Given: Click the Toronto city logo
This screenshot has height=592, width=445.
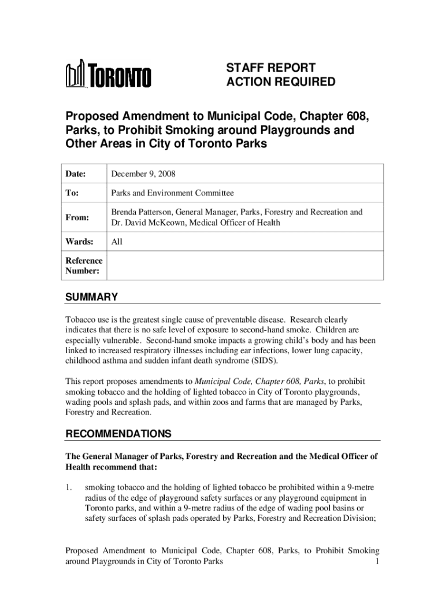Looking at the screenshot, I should coord(108,75).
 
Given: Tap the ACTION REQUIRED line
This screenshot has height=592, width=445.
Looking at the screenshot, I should coord(280,82).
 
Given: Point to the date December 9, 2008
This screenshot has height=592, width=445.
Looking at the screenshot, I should coord(143,173).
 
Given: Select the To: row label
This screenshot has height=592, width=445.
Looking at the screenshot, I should coord(73,193).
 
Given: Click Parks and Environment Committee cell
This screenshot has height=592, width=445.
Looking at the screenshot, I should coord(172,193).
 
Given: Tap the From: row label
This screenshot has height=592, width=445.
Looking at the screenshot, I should coord(77,217).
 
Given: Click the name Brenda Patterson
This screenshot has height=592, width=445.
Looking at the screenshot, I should coord(142,212).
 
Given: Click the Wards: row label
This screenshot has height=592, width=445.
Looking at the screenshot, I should coord(79,242).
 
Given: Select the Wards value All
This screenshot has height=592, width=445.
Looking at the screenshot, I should coord(117,242).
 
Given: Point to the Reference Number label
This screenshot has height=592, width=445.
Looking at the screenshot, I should coord(84,265).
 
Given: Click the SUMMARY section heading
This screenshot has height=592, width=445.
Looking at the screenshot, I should coord(91,297).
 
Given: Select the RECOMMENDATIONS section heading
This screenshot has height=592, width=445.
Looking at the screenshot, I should coord(118,434).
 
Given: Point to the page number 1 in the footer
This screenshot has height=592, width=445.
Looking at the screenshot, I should coord(377,561).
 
